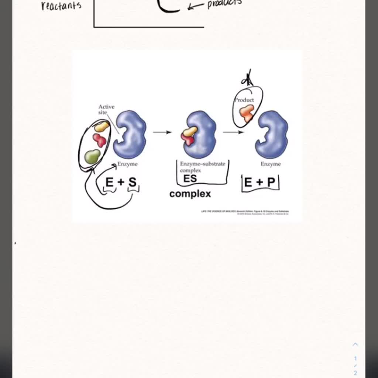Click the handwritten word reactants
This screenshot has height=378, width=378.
(x=61, y=6)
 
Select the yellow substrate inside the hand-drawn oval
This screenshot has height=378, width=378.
(x=102, y=127)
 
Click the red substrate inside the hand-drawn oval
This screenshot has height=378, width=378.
(x=99, y=140)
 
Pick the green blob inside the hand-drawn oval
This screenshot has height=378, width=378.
(x=92, y=156)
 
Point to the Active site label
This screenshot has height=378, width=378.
(x=106, y=109)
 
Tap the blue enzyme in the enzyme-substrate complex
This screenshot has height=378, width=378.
(x=201, y=135)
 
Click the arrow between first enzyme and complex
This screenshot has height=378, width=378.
(x=162, y=132)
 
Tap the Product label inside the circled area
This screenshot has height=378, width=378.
(x=245, y=100)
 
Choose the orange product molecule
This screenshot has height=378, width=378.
(x=246, y=113)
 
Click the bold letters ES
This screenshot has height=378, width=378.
(x=190, y=179)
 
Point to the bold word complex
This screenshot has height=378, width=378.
(x=190, y=194)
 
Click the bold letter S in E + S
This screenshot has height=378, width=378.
(x=133, y=182)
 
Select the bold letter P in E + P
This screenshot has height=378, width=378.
(x=271, y=182)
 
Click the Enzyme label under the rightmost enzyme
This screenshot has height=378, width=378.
(x=271, y=164)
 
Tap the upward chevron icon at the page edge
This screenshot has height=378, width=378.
(x=355, y=344)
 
